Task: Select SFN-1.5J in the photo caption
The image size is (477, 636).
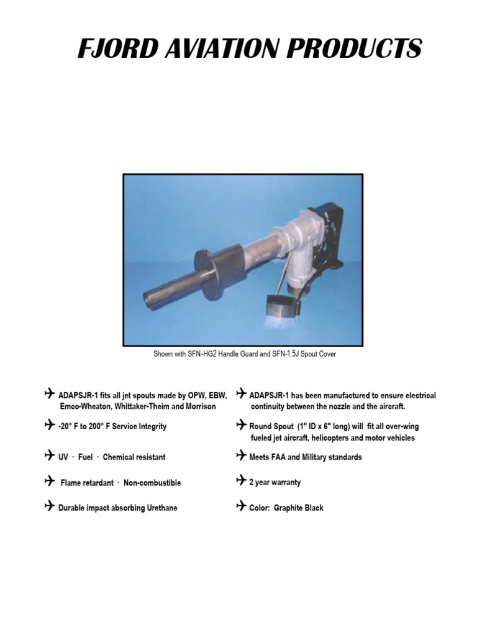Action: coord(291,354)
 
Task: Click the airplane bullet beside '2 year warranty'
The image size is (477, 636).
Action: coord(241,481)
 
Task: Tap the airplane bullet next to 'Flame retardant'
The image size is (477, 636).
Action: coord(50,482)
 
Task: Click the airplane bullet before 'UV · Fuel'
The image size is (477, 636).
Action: coord(50,457)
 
